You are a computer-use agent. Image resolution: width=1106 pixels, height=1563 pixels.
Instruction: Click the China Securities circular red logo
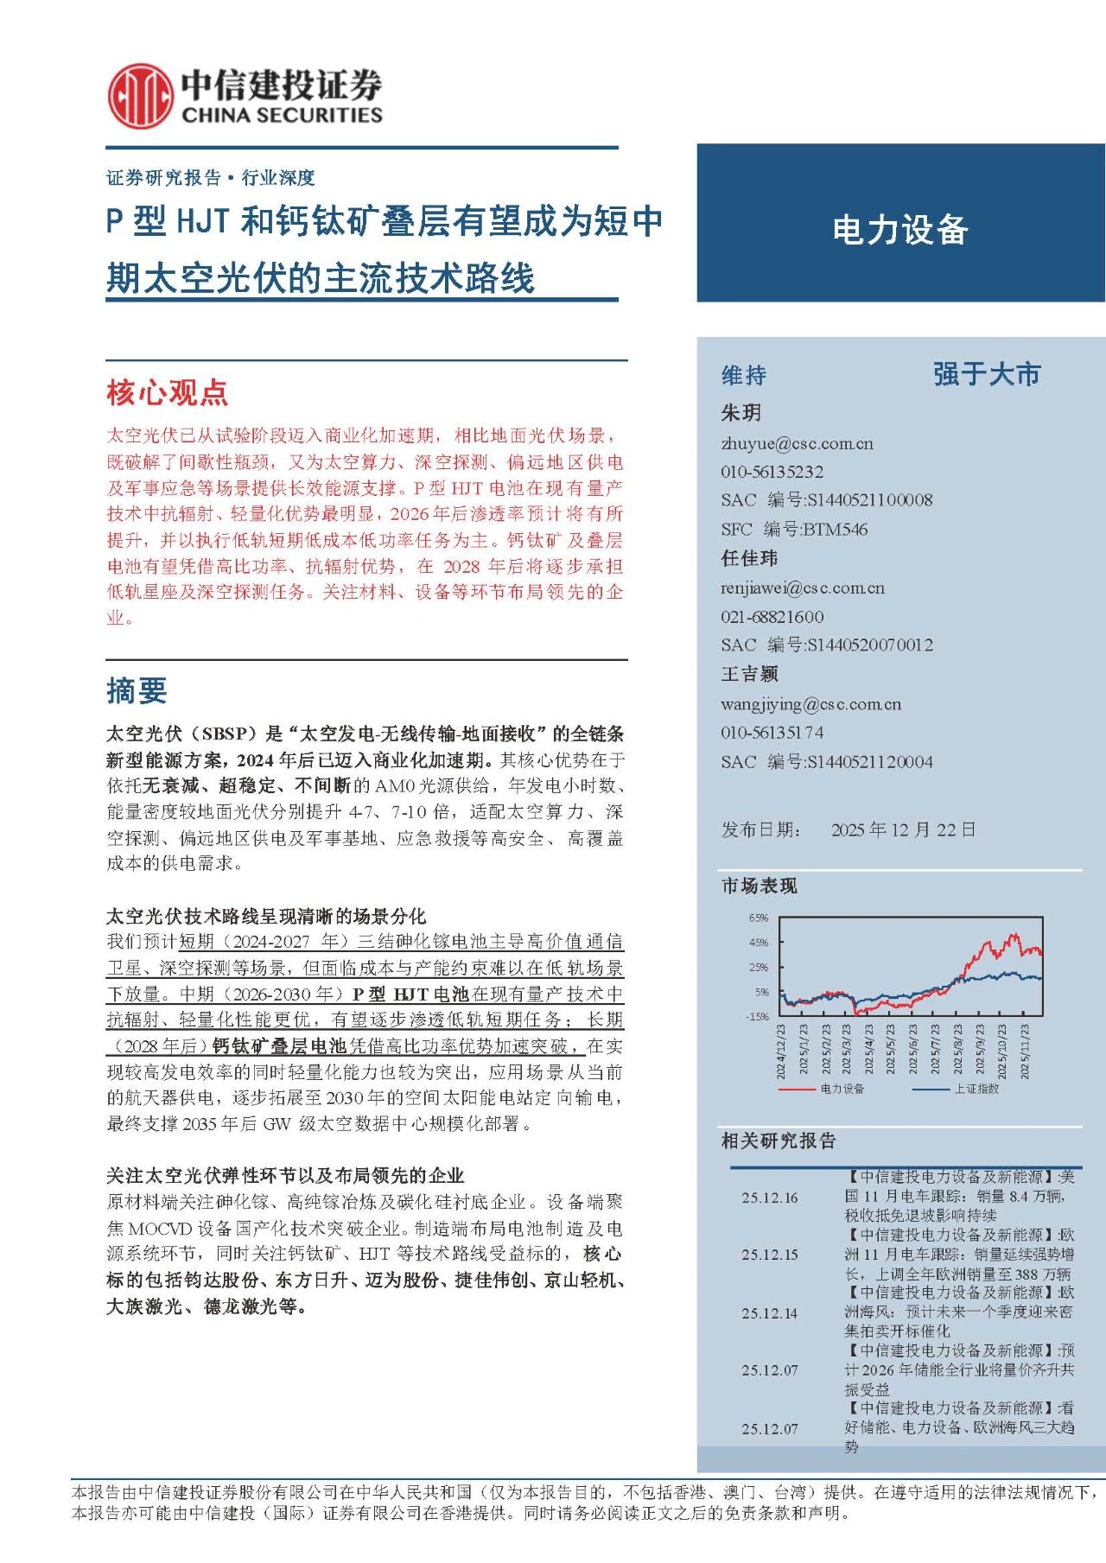(x=139, y=96)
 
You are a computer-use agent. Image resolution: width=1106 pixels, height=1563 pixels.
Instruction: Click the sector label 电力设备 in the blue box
(x=899, y=230)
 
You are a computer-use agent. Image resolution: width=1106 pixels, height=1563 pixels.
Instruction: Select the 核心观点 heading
(x=167, y=393)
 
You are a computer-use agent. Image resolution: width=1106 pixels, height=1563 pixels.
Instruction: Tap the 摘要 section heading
(x=137, y=690)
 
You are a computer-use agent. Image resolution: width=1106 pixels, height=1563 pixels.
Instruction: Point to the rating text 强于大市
(x=987, y=375)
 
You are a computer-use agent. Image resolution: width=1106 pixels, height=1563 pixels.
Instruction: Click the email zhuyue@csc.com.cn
(x=797, y=444)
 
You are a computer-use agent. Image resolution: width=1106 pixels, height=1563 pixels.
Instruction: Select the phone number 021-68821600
(x=772, y=617)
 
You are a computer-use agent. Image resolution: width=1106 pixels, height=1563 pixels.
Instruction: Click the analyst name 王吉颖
(x=749, y=674)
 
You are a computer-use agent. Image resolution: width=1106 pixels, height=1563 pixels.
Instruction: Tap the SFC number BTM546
(x=835, y=529)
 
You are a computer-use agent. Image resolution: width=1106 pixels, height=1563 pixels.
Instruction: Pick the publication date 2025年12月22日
(x=903, y=830)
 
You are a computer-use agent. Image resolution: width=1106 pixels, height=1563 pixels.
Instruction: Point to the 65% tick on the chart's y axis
(x=759, y=918)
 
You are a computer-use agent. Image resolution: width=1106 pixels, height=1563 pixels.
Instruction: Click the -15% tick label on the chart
(x=757, y=1017)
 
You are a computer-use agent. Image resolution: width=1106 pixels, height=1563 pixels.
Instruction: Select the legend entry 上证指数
(x=976, y=1089)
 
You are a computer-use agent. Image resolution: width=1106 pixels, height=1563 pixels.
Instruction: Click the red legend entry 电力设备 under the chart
(x=842, y=1089)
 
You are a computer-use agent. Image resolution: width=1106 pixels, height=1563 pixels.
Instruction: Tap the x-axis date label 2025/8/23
(x=957, y=1050)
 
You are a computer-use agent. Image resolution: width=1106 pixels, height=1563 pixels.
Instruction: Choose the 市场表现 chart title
(x=759, y=886)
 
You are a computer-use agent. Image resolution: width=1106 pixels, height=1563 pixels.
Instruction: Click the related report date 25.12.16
(x=769, y=1198)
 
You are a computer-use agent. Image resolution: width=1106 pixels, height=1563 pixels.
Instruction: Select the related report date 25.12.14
(x=769, y=1313)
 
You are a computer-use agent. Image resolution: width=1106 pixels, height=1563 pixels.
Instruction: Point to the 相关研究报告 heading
(x=779, y=1141)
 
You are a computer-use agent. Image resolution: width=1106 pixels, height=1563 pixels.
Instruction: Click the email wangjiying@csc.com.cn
(x=810, y=704)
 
